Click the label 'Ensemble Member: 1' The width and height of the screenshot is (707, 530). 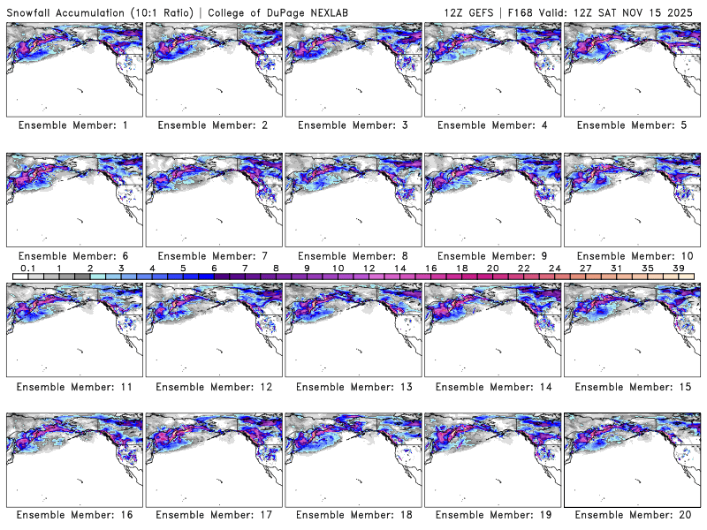point(73,125)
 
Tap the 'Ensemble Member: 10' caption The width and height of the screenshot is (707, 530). point(633,256)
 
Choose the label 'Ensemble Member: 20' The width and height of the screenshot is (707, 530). point(633,515)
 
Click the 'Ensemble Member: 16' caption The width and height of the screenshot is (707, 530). point(73,515)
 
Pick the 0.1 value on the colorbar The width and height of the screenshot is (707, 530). point(27,268)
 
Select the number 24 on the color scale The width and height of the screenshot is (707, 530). point(555,268)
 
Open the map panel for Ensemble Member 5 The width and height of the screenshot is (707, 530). point(632,68)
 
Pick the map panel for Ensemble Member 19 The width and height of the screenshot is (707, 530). point(492,458)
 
